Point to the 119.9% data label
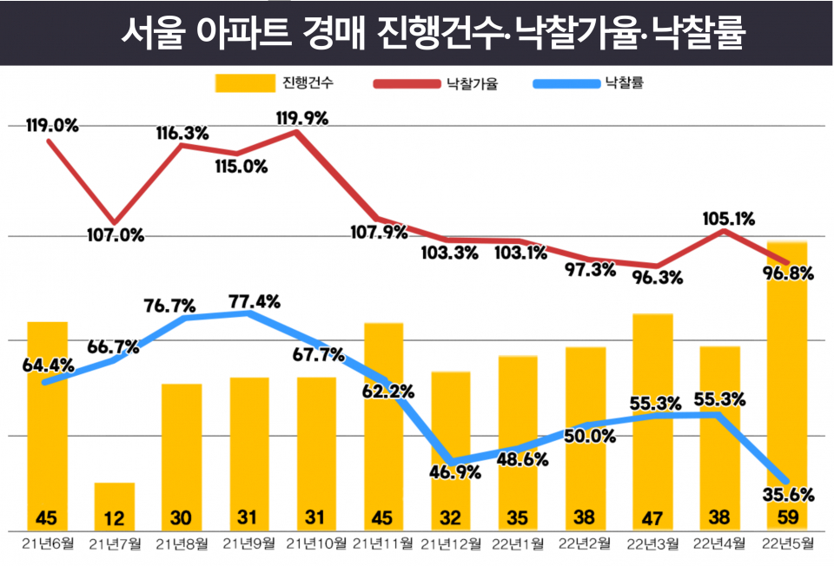click(301, 119)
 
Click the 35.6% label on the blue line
click(787, 495)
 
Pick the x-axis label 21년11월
click(383, 544)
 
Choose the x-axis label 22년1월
click(518, 544)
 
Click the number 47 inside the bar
click(652, 518)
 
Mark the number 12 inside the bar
click(115, 518)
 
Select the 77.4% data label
click(254, 302)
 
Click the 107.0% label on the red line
click(115, 234)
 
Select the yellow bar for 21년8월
click(182, 451)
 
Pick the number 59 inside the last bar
click(787, 518)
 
